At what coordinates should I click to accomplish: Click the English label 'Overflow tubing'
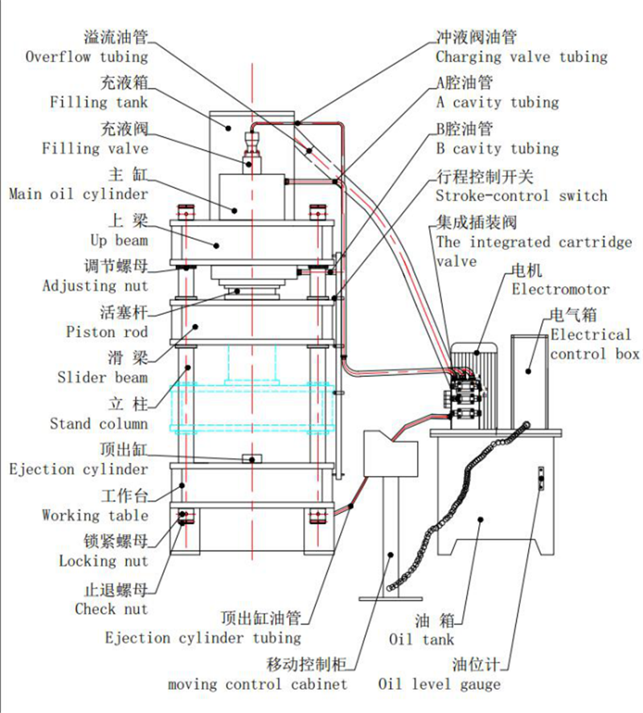tap(87, 57)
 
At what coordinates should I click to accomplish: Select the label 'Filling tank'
tap(99, 102)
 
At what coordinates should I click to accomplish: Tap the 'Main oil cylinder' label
tap(79, 194)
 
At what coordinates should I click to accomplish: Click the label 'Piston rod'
tap(107, 331)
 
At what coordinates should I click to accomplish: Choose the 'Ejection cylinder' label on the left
tap(79, 469)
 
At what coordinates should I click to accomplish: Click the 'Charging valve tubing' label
tap(522, 57)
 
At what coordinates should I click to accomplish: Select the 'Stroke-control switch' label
tap(522, 195)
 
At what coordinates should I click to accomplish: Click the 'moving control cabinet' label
tap(258, 684)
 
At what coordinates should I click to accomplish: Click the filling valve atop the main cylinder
tap(254, 150)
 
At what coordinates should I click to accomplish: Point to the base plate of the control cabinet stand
tap(391, 598)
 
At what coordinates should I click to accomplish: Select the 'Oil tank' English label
tap(421, 639)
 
